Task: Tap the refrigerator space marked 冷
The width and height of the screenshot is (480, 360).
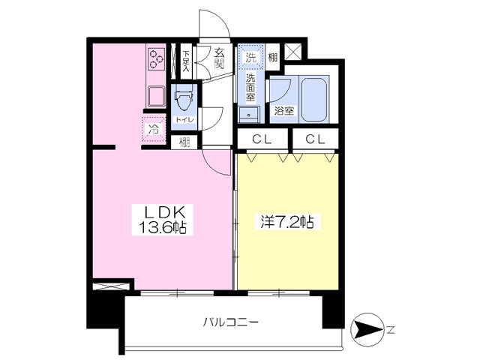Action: point(153,128)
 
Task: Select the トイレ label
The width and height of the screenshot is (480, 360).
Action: point(183,119)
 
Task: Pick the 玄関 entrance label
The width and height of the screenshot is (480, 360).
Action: point(220,58)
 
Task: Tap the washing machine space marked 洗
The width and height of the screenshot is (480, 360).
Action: point(250,57)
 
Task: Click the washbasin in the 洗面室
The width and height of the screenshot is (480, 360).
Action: point(248,113)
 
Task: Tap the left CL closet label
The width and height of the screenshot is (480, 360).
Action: point(261,138)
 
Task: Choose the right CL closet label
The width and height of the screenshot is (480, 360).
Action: point(314,138)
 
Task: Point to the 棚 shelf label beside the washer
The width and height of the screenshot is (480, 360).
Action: point(273,58)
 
